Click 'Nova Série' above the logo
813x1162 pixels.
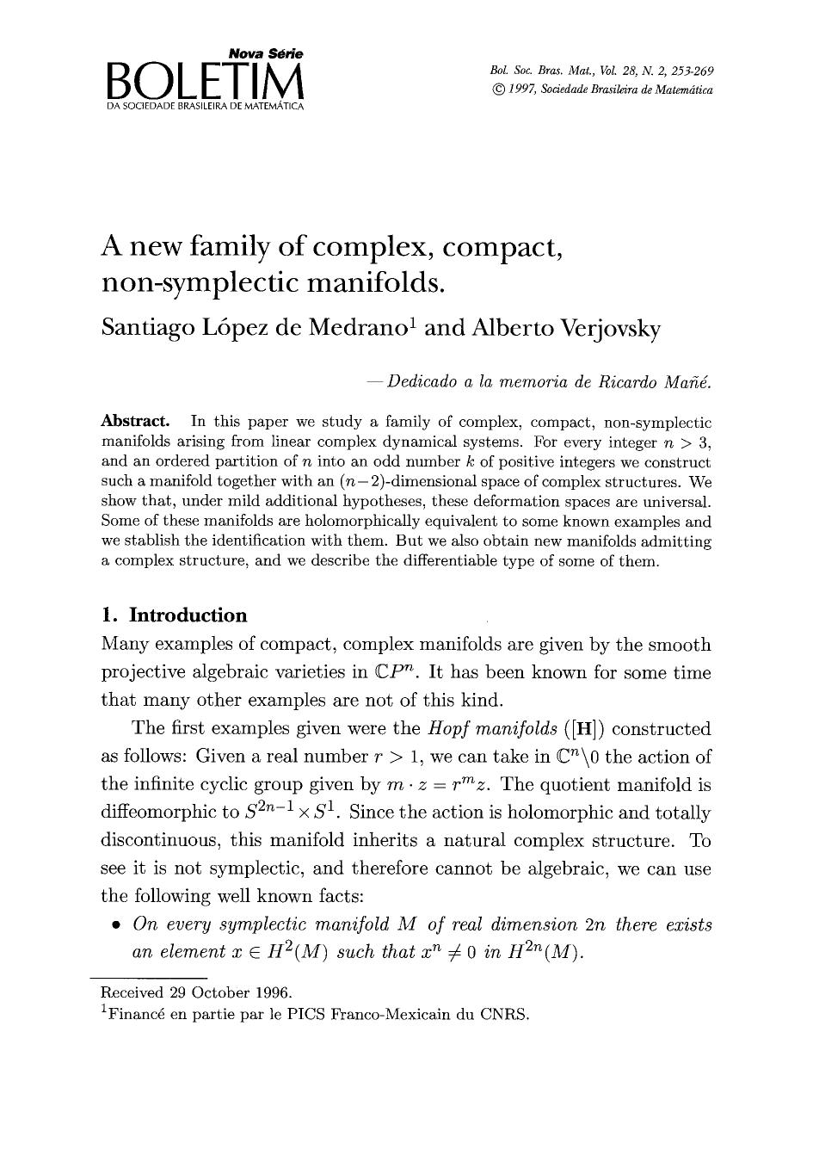click(266, 53)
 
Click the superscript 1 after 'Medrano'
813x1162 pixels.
click(413, 324)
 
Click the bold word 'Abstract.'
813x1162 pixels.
click(135, 423)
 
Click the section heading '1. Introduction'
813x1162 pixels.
click(174, 615)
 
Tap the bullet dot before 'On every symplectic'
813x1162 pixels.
click(114, 926)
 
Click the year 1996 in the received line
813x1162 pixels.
click(271, 992)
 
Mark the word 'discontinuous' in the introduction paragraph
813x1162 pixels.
click(162, 841)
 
